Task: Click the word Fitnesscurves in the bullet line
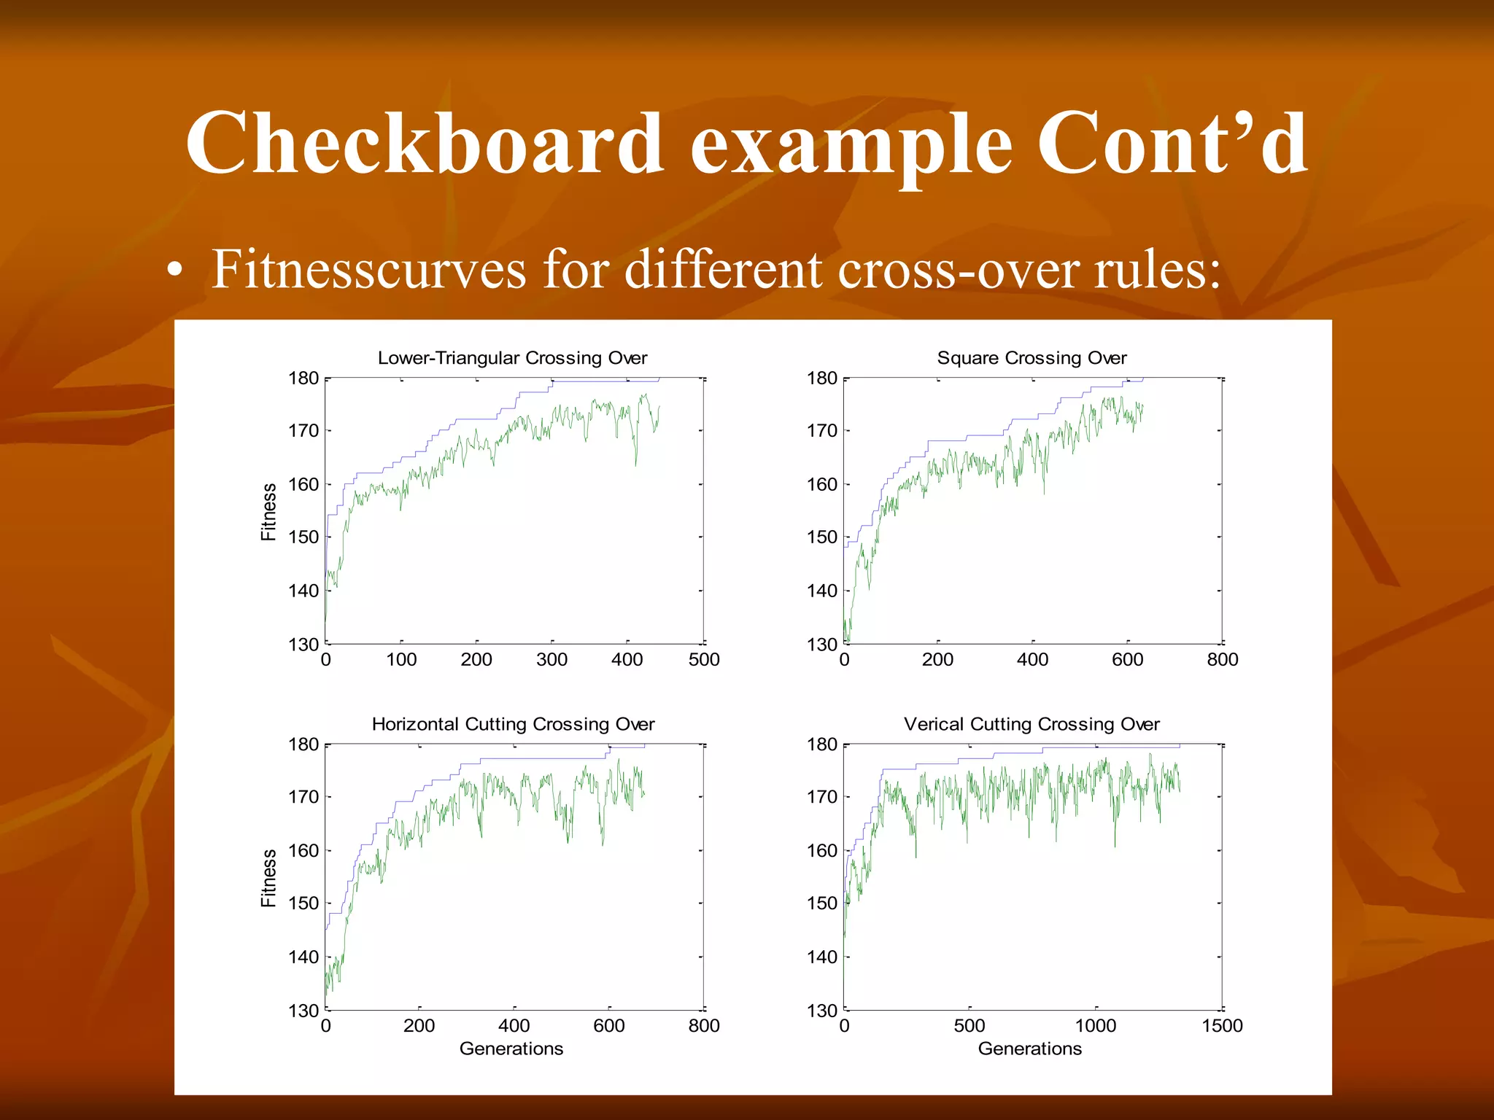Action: point(368,270)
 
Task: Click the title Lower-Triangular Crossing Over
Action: point(512,358)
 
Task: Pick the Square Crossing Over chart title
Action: point(1032,358)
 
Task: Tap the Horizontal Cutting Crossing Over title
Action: point(513,724)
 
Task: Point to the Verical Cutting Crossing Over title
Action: point(1032,724)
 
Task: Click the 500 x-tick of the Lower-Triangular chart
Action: point(703,660)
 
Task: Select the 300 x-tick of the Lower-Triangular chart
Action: point(551,660)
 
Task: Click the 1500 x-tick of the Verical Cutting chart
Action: point(1222,1026)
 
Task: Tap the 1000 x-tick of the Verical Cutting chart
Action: point(1095,1026)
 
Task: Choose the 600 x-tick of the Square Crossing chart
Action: point(1127,660)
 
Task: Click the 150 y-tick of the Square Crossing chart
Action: point(821,537)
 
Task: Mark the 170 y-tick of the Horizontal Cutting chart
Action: point(303,797)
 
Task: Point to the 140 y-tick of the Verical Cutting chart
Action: point(821,957)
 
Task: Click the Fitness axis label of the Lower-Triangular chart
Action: point(269,512)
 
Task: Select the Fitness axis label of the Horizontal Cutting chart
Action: point(269,878)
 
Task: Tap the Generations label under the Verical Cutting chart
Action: point(1029,1049)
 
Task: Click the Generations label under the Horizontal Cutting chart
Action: point(511,1049)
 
